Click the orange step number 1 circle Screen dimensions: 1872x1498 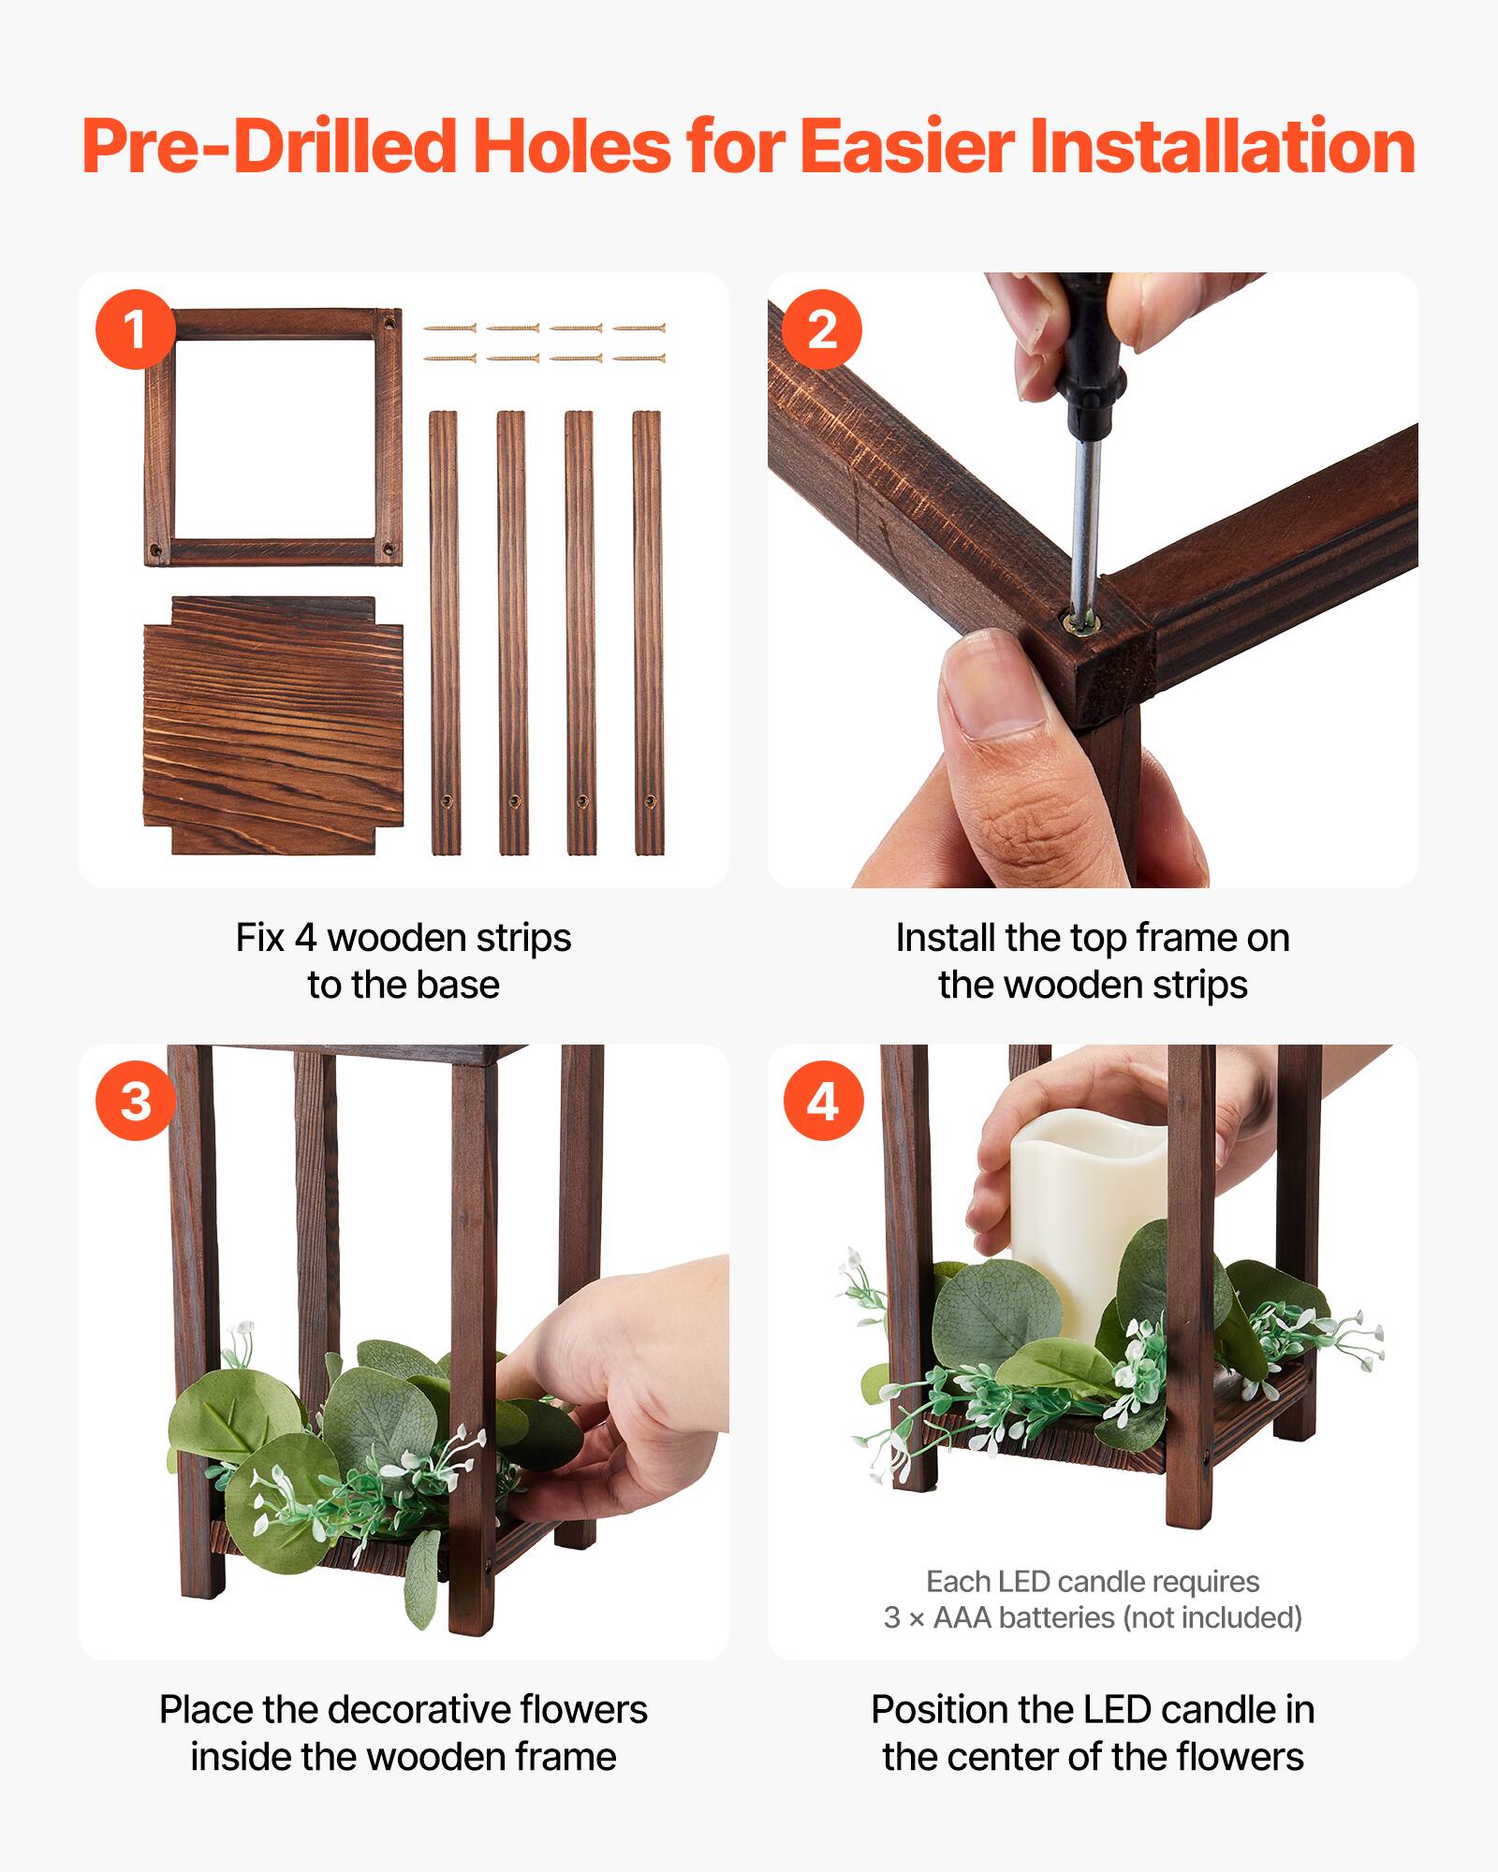click(x=136, y=329)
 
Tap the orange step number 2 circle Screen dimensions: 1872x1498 click(x=822, y=329)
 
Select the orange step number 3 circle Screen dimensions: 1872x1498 click(x=136, y=1101)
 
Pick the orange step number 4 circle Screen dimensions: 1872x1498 click(x=822, y=1101)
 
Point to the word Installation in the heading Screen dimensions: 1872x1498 click(x=1222, y=147)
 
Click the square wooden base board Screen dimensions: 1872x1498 click(x=272, y=725)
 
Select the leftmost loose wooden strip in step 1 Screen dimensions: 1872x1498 click(x=444, y=632)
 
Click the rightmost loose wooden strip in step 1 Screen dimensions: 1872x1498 click(x=647, y=632)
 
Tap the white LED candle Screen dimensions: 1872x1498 click(x=1077, y=1207)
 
